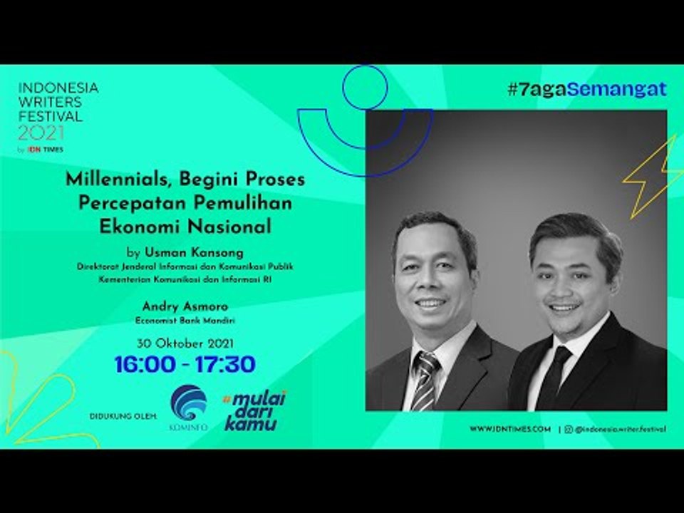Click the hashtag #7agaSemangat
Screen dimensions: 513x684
(x=586, y=89)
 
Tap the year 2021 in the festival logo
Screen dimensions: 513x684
(x=41, y=133)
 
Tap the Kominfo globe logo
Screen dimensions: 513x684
(x=189, y=403)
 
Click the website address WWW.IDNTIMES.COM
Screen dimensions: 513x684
(x=510, y=429)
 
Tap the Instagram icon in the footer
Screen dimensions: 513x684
(x=568, y=429)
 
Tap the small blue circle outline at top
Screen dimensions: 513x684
(x=364, y=87)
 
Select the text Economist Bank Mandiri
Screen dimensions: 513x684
(x=185, y=321)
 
